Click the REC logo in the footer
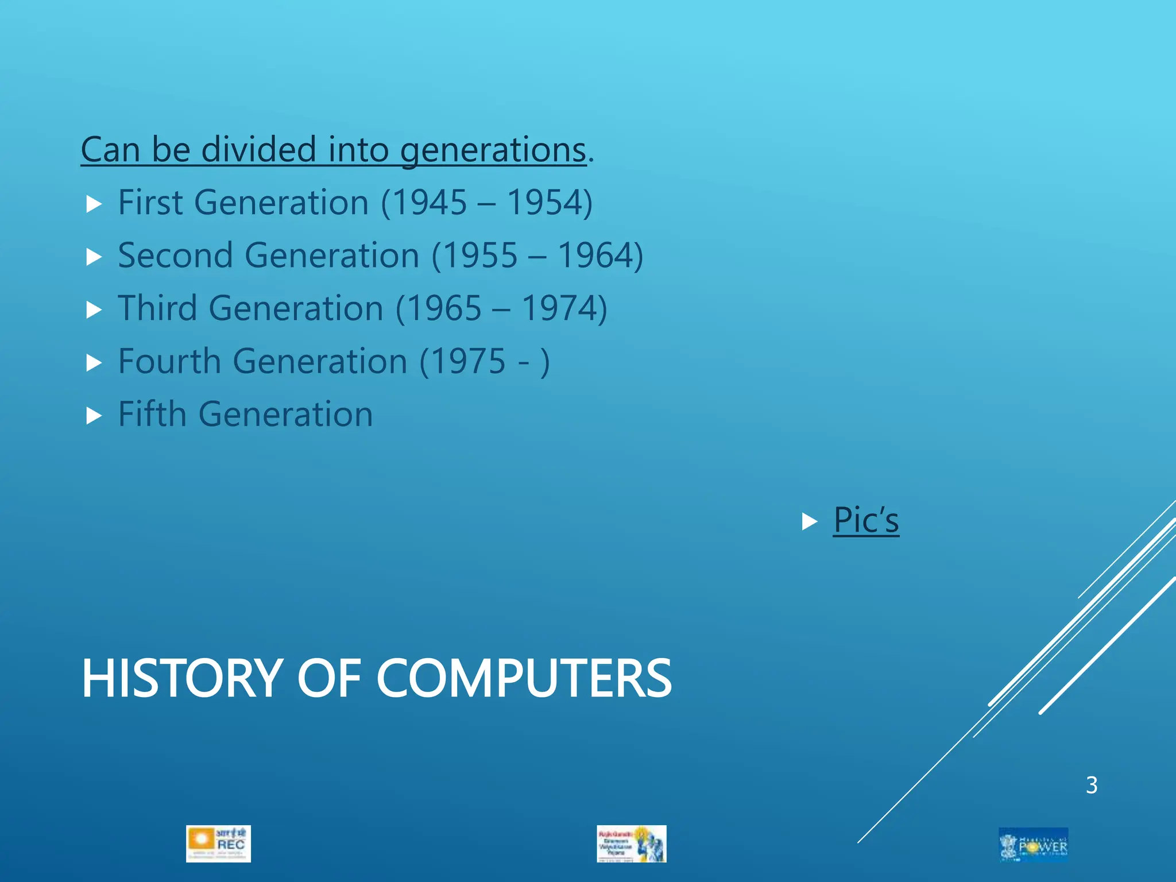click(x=218, y=844)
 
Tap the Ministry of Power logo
click(x=1033, y=845)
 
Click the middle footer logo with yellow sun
click(x=632, y=844)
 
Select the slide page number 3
click(x=1092, y=785)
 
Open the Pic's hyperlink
click(x=866, y=520)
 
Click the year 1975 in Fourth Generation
click(x=469, y=362)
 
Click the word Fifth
click(x=152, y=414)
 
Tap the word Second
click(x=176, y=256)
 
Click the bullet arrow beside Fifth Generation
click(x=94, y=415)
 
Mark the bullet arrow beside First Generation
click(x=94, y=204)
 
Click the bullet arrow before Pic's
click(x=809, y=521)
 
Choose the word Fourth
click(x=169, y=362)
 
